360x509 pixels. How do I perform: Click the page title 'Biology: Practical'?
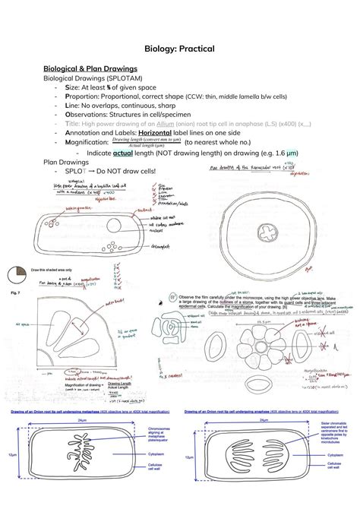180,49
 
